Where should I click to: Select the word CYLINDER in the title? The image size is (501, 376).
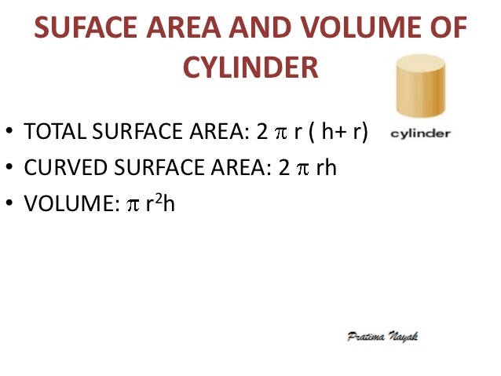[x=251, y=68]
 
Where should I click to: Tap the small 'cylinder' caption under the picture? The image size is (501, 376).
[x=420, y=133]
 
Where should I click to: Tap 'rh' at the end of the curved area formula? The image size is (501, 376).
[x=325, y=169]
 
